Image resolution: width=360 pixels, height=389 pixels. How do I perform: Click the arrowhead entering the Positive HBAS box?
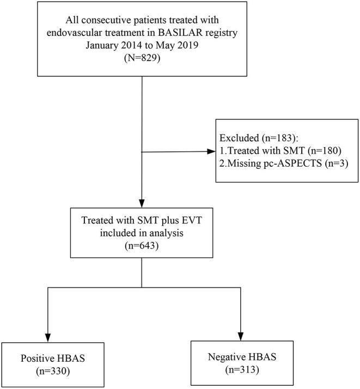(x=47, y=337)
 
